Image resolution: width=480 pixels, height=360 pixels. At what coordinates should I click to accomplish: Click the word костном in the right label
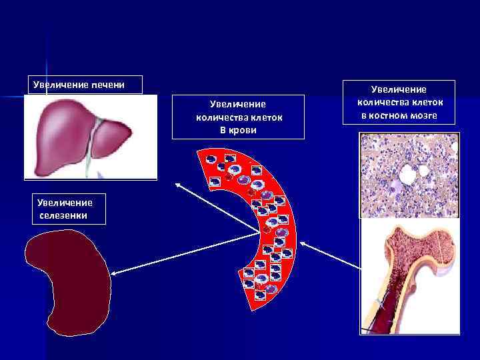click(390, 115)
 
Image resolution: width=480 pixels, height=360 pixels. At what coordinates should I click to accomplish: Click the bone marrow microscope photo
click(409, 175)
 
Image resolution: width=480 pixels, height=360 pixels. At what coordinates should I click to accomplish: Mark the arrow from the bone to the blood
click(327, 253)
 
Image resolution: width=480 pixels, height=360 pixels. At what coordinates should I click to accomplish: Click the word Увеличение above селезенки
click(65, 202)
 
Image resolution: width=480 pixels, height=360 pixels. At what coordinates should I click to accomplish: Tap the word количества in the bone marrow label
click(381, 102)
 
